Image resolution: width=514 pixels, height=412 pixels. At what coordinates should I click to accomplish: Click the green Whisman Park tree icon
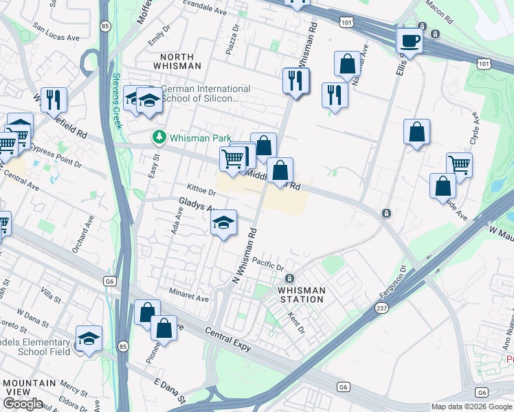click(x=159, y=138)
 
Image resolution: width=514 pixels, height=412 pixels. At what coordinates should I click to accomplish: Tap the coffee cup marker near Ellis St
click(x=410, y=42)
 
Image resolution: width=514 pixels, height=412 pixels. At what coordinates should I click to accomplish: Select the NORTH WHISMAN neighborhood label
click(x=181, y=61)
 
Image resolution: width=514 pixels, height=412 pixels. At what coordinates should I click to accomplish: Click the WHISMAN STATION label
click(x=301, y=295)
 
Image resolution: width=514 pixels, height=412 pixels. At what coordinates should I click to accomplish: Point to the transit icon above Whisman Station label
click(x=289, y=278)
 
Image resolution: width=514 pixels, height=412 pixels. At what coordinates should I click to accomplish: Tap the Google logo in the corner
click(x=23, y=403)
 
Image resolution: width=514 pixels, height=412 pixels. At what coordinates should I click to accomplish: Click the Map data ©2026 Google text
click(x=471, y=407)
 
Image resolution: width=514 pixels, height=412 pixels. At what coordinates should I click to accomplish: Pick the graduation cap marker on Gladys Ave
click(x=223, y=223)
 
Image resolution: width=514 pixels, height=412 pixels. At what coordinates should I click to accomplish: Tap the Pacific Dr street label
click(x=267, y=264)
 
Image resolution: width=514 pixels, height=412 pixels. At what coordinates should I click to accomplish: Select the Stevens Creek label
click(x=117, y=100)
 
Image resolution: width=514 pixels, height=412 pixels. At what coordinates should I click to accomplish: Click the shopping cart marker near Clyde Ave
click(x=459, y=165)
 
